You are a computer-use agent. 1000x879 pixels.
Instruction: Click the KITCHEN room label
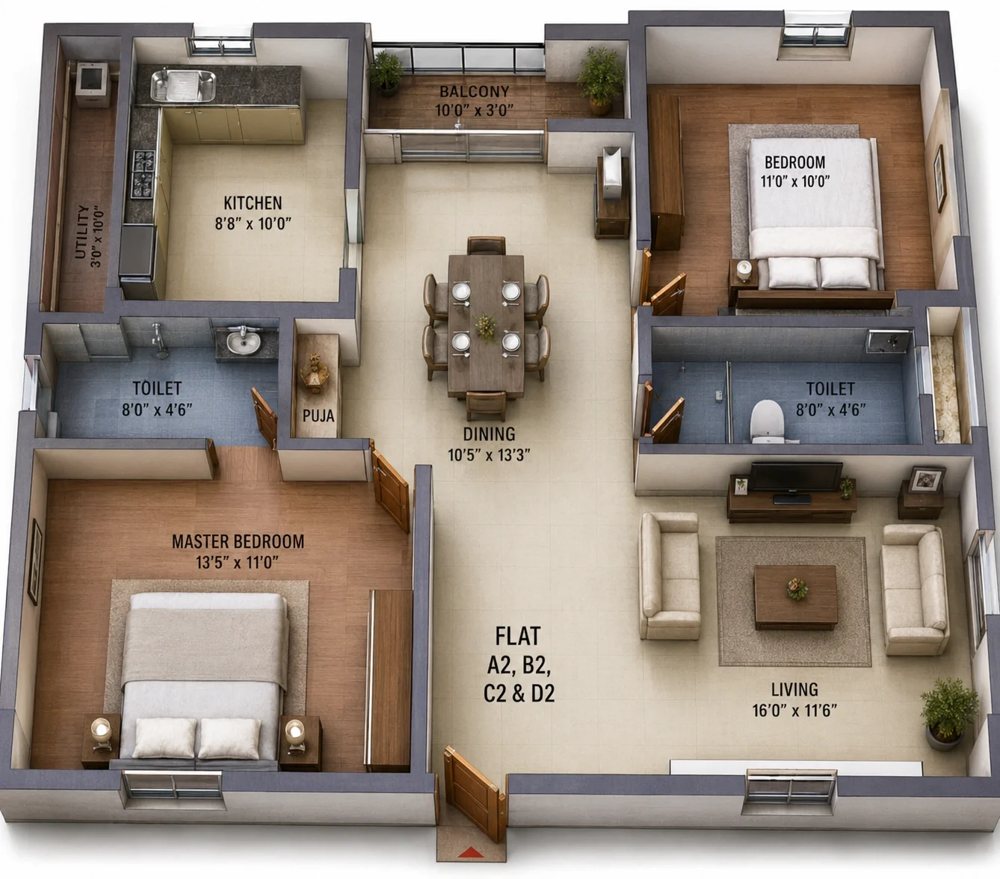point(253,203)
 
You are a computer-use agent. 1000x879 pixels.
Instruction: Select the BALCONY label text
point(475,92)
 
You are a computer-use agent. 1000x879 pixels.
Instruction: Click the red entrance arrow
point(471,852)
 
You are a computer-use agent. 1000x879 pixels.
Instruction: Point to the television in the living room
point(796,477)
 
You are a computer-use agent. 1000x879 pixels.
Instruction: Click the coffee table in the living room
point(795,596)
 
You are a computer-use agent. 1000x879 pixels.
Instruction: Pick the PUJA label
point(318,416)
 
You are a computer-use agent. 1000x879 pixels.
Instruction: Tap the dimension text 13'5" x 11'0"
point(238,562)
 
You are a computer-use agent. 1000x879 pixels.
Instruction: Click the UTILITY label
point(82,232)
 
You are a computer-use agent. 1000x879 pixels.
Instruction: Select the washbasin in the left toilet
point(244,341)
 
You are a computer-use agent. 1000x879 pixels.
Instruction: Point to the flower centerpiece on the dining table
point(487,327)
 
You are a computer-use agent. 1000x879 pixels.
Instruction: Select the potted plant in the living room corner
point(948,714)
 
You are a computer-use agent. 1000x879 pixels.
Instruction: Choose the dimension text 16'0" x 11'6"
point(794,711)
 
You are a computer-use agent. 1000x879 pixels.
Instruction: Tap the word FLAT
point(518,636)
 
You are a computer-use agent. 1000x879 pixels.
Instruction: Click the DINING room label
point(489,434)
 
